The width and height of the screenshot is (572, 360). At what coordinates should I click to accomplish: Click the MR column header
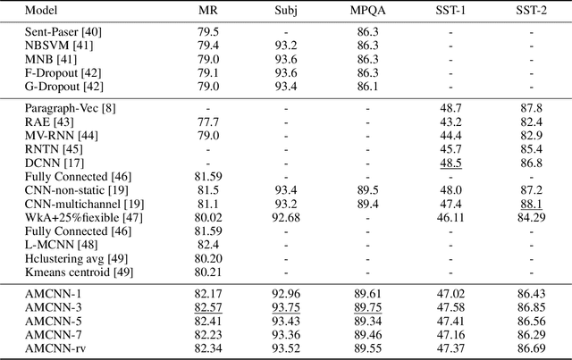point(208,12)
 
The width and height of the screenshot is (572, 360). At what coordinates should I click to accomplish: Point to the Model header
point(41,12)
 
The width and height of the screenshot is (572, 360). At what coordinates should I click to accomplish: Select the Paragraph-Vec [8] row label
point(63,107)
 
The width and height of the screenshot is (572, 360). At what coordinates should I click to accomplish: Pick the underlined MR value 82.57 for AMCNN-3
point(208,306)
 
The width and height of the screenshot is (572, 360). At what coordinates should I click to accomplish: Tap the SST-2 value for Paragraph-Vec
point(531,107)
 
